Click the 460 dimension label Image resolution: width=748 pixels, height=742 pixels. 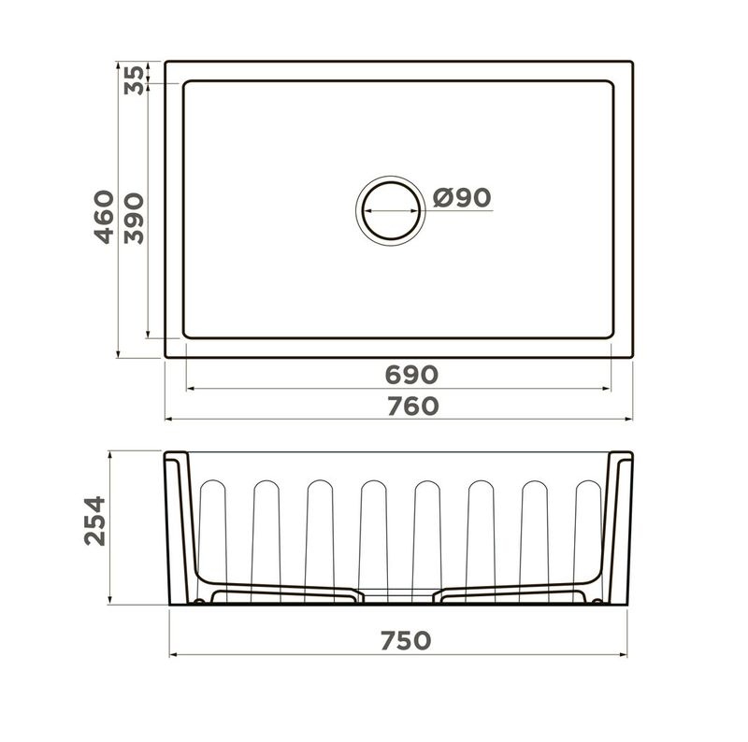(x=104, y=217)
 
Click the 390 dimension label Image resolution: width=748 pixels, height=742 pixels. (x=134, y=219)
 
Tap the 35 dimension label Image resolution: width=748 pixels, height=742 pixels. (x=134, y=80)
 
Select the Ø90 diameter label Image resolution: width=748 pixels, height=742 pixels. (x=462, y=197)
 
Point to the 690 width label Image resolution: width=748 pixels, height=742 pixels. (x=411, y=375)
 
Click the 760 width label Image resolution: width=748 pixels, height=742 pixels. (x=412, y=407)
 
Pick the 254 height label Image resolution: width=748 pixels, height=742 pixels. (x=94, y=521)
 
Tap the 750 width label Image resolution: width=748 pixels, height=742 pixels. (x=406, y=640)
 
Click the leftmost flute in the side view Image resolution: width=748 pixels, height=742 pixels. (x=213, y=541)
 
